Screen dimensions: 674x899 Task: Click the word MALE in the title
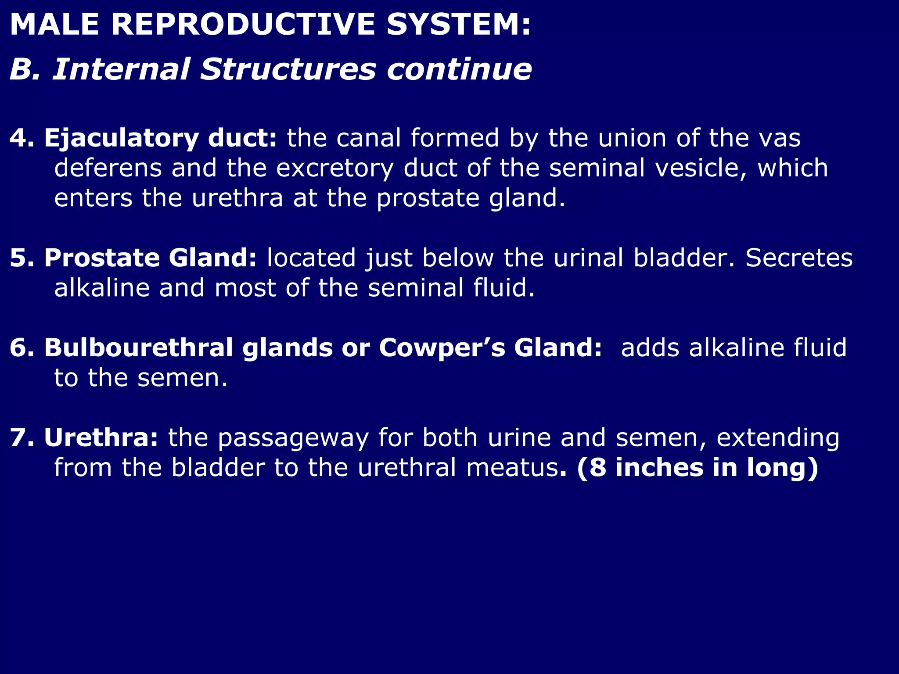(54, 25)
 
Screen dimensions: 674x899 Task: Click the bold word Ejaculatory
(121, 139)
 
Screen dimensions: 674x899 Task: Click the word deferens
(108, 168)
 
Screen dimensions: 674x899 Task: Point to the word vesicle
(701, 168)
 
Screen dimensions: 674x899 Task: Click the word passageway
(293, 438)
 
